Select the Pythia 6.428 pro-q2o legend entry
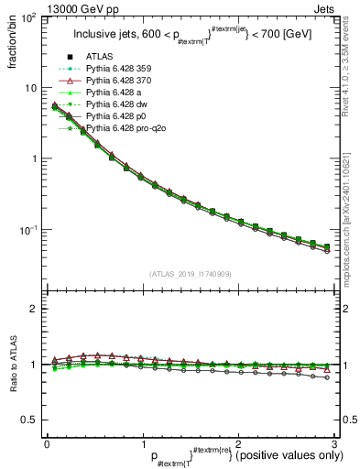click(x=122, y=129)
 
